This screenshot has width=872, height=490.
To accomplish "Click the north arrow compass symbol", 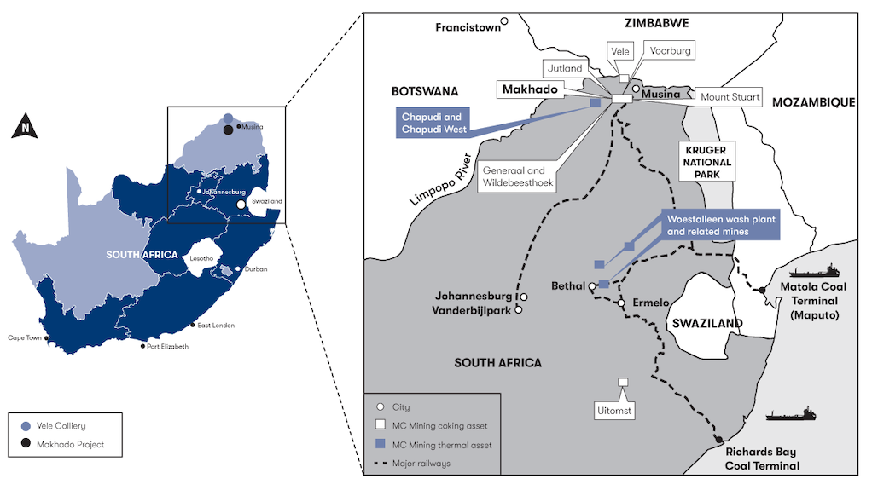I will (26, 129).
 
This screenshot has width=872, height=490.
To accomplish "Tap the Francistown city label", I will (468, 27).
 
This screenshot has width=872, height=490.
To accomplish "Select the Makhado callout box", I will (530, 89).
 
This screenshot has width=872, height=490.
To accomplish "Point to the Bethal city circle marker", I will (591, 286).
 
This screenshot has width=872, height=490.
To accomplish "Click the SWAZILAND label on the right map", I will (707, 324).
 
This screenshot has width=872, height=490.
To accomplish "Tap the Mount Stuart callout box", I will (730, 97).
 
